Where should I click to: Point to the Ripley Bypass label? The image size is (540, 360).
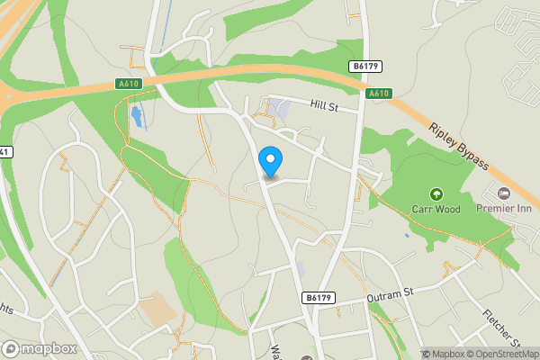coord(459,147)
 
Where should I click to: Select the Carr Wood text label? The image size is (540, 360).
coord(436,210)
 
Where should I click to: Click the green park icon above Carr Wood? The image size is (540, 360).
coord(436,193)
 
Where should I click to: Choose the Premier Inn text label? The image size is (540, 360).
coord(504,209)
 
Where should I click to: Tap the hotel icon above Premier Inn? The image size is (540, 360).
coord(504,193)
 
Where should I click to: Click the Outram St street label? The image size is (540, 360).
coord(389,294)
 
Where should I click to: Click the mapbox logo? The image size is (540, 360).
coord(40,348)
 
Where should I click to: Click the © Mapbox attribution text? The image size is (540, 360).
coord(445,353)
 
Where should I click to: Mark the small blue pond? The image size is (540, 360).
coord(136,115)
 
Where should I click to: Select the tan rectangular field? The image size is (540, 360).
coord(157,310)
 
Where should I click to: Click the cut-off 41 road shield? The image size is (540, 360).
coord(4,151)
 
